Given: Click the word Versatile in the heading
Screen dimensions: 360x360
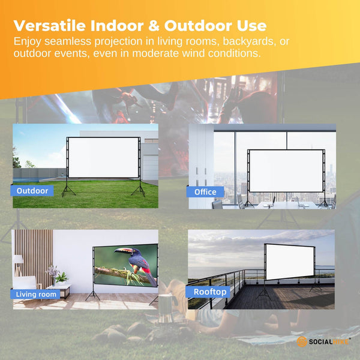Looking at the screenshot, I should click(x=51, y=26).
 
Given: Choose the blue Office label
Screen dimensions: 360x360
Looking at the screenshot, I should click(x=205, y=192).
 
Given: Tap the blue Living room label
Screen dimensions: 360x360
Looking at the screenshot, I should click(x=37, y=294).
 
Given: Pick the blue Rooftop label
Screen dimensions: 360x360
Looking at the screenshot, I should click(x=210, y=292).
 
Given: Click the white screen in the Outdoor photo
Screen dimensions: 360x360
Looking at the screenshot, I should click(x=104, y=158).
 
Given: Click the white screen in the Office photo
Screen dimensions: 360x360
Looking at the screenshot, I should click(x=286, y=170).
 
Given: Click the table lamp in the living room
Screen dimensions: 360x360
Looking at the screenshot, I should click(x=19, y=262).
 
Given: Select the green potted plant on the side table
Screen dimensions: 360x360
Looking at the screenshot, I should click(x=61, y=277).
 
